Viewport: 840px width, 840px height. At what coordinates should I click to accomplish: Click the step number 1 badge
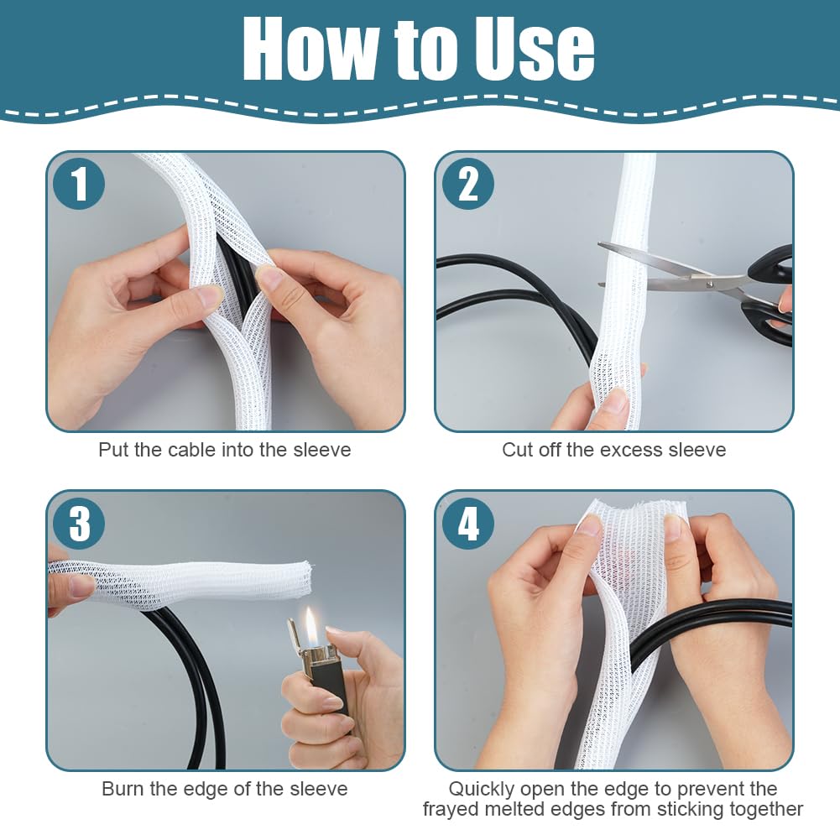(79, 184)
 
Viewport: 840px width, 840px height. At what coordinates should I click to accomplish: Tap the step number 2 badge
(467, 184)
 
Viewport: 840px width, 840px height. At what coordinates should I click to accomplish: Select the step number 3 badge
(79, 523)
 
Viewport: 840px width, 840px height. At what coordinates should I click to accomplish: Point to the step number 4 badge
(467, 523)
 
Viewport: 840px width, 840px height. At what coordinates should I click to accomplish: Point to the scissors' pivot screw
(712, 283)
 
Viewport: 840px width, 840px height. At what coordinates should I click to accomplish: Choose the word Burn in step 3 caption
(123, 789)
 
